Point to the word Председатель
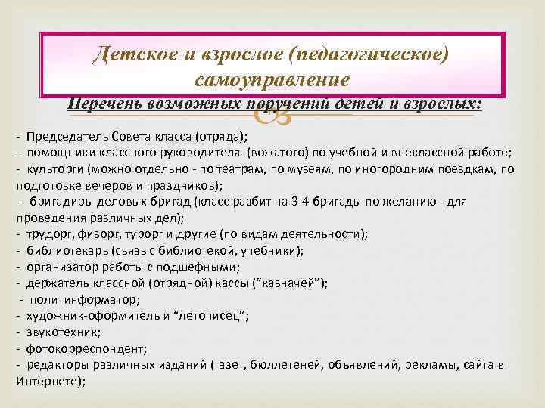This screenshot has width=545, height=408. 65,137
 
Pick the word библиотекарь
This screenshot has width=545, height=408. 64,250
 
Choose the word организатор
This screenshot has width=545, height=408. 62,267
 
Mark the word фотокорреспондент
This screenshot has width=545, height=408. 74,348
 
